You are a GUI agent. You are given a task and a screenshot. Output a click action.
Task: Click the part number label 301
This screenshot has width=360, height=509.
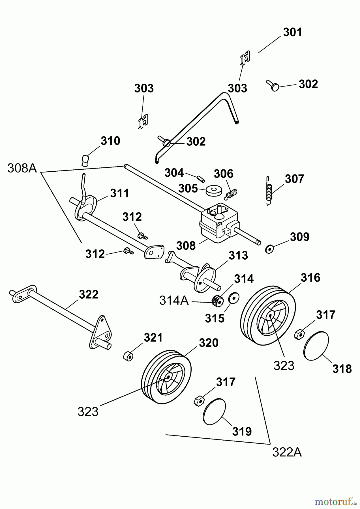coord(293,32)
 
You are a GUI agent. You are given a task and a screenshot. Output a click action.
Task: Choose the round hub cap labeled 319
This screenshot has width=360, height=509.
coord(214,411)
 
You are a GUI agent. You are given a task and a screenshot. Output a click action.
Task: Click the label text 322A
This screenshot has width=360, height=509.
coord(287,453)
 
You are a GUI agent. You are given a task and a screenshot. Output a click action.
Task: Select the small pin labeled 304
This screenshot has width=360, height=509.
coord(201,179)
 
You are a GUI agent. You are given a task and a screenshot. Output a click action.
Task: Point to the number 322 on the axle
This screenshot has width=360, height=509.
coord(89,295)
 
